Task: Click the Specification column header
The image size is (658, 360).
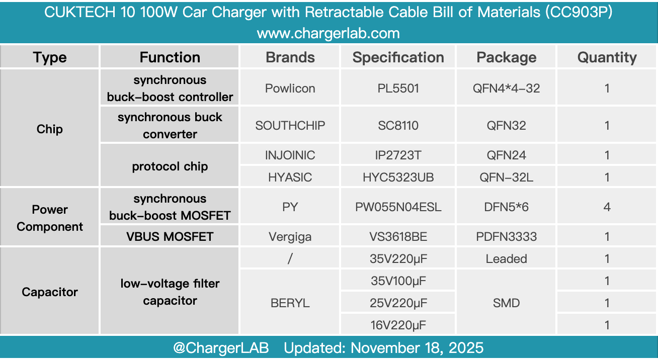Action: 398,57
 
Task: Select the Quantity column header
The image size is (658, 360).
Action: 607,57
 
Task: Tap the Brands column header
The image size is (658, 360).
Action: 290,57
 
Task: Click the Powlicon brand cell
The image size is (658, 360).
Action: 290,88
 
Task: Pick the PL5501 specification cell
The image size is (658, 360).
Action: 398,88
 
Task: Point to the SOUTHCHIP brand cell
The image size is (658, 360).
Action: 290,125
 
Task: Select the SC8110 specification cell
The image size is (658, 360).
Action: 398,125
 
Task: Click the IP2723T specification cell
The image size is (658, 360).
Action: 398,155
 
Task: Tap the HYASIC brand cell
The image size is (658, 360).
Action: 290,177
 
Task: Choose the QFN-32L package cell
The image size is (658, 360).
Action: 506,177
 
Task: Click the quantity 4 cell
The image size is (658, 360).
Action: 607,207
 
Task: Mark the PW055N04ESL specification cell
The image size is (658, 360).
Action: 398,207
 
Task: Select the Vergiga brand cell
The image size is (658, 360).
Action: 290,236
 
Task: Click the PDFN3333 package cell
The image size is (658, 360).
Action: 506,236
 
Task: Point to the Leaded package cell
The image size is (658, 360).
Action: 506,259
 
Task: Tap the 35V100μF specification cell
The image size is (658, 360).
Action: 398,281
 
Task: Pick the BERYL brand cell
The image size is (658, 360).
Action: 290,303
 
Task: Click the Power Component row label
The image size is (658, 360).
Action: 50,218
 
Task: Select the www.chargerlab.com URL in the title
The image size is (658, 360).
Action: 328,34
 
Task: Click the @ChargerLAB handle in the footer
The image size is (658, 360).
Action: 221,348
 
